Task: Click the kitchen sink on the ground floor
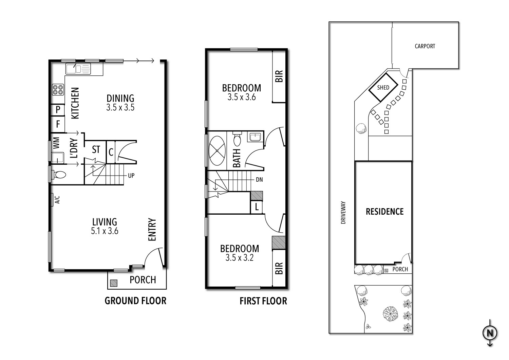tap(78, 69)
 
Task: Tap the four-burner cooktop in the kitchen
tap(58, 89)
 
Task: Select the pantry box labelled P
tap(58, 110)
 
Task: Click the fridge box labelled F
tap(58, 124)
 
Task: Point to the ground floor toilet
tap(59, 175)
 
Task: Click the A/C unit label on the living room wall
tap(57, 200)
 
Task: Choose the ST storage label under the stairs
tap(96, 149)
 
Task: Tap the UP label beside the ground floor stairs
tap(131, 176)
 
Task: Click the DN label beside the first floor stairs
tap(259, 180)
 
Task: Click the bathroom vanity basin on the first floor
tap(254, 137)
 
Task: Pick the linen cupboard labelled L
tap(257, 207)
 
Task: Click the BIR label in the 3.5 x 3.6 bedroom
tap(279, 76)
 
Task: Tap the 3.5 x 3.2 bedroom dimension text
tap(240, 258)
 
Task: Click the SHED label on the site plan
tap(383, 87)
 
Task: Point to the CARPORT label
tap(425, 46)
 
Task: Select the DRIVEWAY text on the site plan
tap(343, 213)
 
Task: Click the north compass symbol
tap(490, 333)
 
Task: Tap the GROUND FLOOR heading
tap(135, 301)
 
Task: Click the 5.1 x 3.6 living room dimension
tap(105, 232)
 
